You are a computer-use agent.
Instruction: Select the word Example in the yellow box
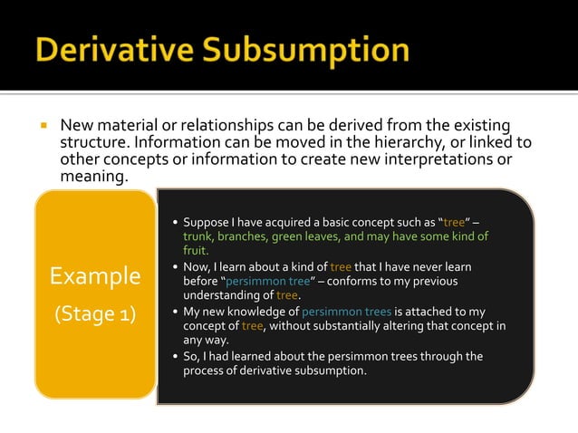95,275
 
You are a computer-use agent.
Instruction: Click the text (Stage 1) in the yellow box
95,314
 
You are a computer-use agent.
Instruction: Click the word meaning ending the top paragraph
91,177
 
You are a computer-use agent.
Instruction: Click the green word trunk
200,236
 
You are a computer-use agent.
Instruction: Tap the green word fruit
195,251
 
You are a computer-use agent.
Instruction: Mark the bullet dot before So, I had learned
174,356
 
